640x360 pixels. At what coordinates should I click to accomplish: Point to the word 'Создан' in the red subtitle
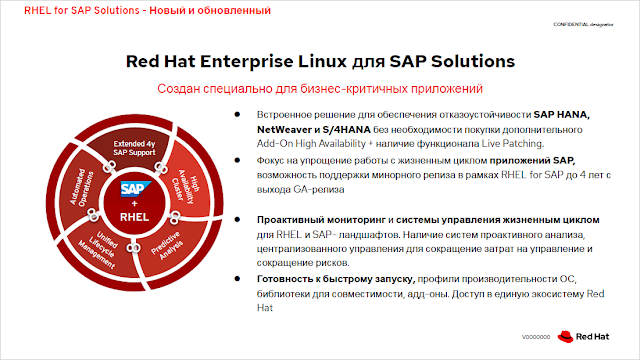point(182,89)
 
